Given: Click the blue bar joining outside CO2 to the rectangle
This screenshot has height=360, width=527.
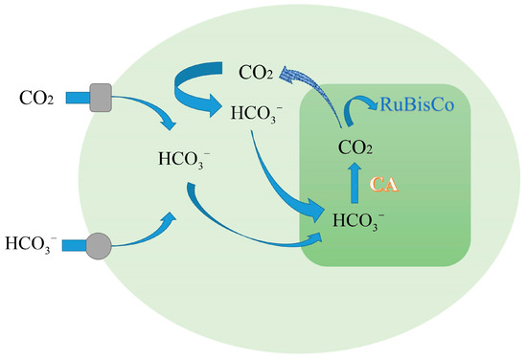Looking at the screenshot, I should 75,98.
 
